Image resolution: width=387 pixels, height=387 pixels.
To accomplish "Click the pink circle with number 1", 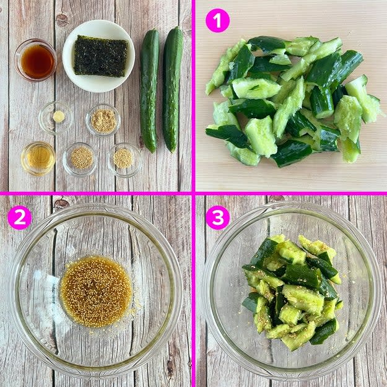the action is point(217,20).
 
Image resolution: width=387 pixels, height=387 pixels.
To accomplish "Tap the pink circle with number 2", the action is point(19,218).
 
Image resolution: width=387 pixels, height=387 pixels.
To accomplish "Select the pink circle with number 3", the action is point(217,218).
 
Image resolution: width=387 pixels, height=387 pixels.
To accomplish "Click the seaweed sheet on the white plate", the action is point(101,56).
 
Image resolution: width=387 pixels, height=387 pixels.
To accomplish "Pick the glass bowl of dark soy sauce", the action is point(35,60).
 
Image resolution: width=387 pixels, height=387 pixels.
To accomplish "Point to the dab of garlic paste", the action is point(59,116).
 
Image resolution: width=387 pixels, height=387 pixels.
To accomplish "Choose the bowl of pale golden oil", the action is point(38,159).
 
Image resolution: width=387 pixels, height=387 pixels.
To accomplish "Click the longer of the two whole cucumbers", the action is point(173,89).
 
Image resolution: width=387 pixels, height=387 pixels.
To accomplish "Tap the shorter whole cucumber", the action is point(149,91).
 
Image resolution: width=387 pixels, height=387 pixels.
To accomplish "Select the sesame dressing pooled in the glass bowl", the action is point(96,292).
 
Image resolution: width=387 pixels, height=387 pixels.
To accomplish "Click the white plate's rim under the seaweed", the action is point(98,87).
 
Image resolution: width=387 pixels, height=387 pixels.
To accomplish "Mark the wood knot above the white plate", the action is point(62,20).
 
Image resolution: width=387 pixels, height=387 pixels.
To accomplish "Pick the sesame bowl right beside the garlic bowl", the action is point(103,121).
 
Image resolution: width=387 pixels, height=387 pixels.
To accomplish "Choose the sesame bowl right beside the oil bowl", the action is point(81,159).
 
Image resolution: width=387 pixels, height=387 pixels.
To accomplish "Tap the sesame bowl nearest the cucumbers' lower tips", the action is point(124,159).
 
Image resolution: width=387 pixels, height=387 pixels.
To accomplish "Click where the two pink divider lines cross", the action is point(193,193).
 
